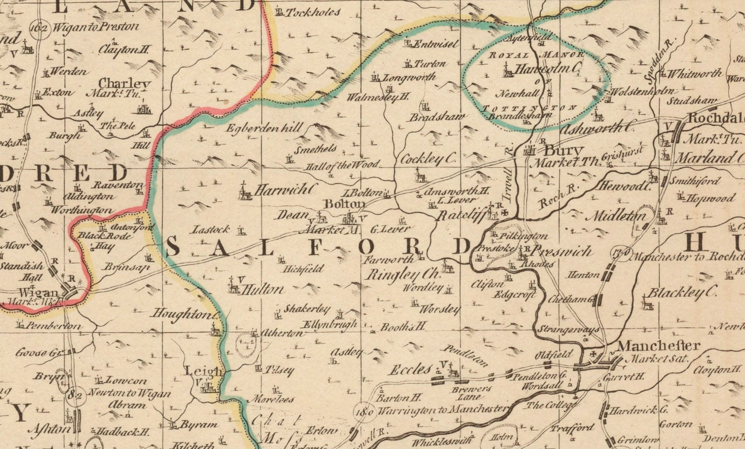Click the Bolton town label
pos(344,204)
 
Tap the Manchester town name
pos(658,346)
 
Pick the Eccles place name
pos(411,370)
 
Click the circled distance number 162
pos(40,26)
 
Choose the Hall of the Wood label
pos(342,165)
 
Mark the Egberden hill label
pos(264,129)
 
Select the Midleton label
pos(618,216)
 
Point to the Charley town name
pos(125,84)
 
